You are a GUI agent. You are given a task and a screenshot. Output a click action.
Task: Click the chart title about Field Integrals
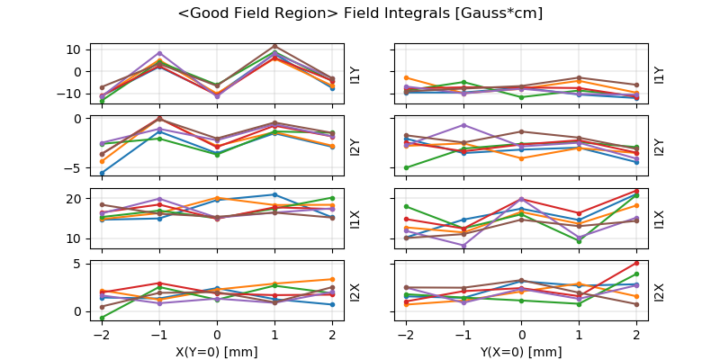[x=360, y=13]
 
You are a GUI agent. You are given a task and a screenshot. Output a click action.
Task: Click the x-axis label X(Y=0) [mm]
[x=216, y=352]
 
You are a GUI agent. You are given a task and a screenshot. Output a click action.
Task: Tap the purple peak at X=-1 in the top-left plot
[x=159, y=53]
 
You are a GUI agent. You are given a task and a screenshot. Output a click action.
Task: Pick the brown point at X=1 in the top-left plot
[x=274, y=46]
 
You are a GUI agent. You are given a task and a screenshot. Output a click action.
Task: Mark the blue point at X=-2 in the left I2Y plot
[x=102, y=173]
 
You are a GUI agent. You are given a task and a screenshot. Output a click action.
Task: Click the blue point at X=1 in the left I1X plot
[x=274, y=194]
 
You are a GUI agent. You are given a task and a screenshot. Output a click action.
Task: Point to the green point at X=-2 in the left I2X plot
[x=102, y=318]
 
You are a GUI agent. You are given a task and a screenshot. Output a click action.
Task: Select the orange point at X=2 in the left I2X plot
[x=332, y=279]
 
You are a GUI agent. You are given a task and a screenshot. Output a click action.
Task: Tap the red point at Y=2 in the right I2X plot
[x=636, y=263]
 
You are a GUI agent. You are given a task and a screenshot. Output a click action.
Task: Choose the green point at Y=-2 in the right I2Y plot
[x=406, y=167]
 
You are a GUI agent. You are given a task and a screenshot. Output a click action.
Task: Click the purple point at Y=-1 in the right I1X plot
[x=463, y=246]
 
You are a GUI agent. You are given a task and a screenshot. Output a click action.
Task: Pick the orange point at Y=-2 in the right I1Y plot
[x=406, y=78]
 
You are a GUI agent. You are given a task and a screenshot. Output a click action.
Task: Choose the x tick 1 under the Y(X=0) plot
[x=579, y=335]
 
